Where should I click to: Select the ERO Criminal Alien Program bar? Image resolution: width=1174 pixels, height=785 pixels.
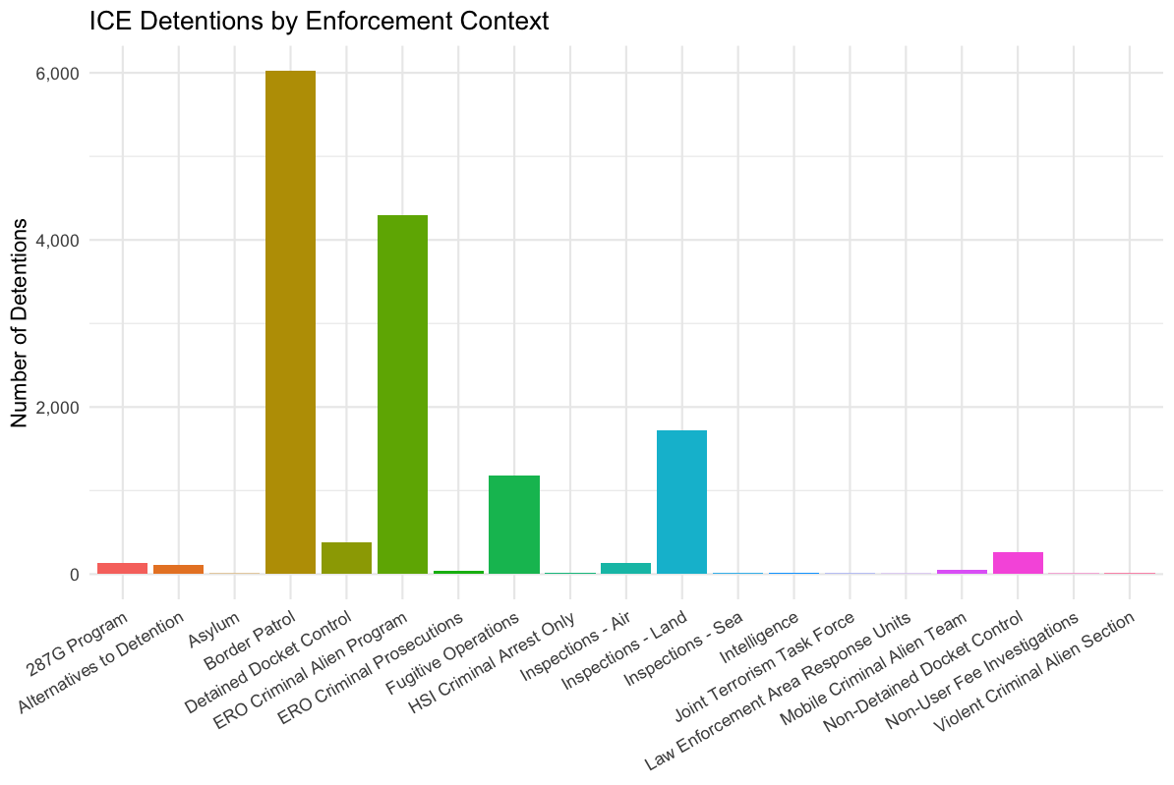click(402, 394)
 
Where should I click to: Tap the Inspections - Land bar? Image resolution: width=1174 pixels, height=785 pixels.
click(681, 502)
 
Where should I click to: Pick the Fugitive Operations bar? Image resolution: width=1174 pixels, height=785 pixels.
click(514, 525)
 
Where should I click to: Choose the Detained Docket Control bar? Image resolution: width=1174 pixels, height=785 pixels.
click(346, 558)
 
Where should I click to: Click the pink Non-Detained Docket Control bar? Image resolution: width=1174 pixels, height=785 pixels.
click(1018, 563)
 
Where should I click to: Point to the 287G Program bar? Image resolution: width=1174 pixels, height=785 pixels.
click(122, 568)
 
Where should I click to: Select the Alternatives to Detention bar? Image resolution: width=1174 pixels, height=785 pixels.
click(178, 569)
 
